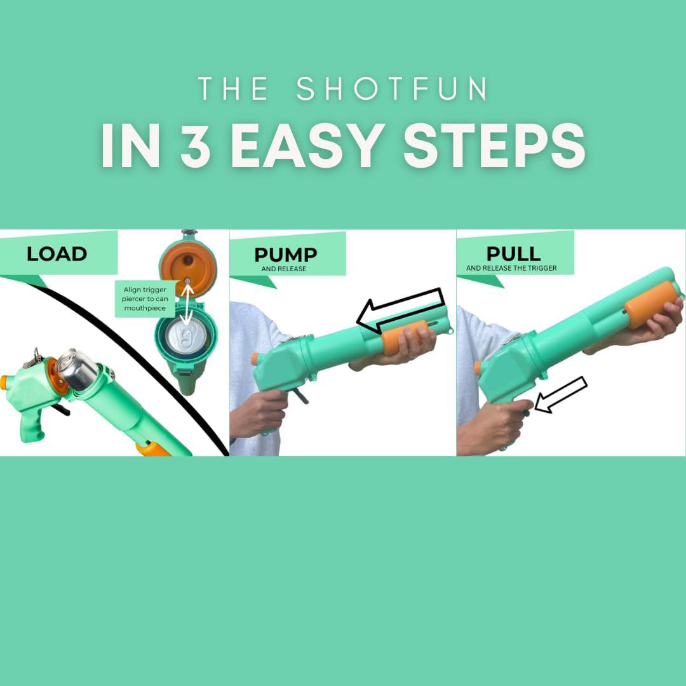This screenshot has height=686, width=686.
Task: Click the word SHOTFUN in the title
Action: coord(392,89)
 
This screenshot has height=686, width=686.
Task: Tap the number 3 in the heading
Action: coord(195,147)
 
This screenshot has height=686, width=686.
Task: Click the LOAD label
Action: coord(57,254)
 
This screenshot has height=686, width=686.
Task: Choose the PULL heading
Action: coord(513,253)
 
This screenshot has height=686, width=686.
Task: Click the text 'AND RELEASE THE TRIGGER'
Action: coord(511,268)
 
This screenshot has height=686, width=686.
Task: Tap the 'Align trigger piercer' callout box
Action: coord(145,299)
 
